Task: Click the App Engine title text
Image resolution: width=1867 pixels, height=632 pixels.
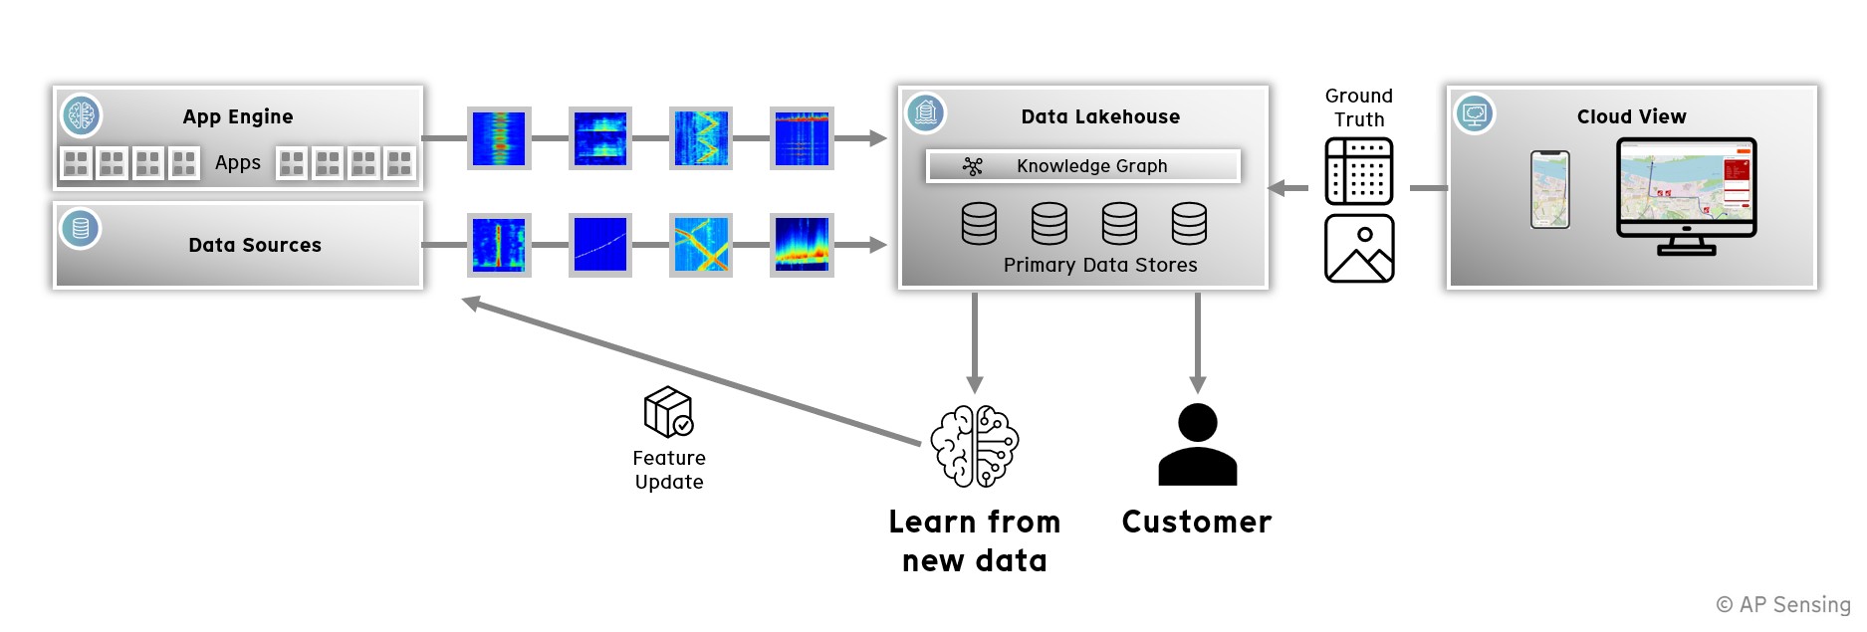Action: (237, 116)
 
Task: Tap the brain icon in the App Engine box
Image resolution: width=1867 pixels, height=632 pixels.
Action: (81, 115)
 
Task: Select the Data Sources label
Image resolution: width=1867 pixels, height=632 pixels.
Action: (255, 245)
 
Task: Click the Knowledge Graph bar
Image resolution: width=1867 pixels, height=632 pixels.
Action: (1082, 166)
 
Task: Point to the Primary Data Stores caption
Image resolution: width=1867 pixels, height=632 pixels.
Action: (1099, 265)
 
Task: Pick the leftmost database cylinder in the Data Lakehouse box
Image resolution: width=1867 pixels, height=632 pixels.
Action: (979, 224)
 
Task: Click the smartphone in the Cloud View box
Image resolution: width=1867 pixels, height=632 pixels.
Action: (1549, 189)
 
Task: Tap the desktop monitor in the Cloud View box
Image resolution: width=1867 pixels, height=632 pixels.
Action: (1686, 194)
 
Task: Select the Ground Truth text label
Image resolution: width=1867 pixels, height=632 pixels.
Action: (1358, 107)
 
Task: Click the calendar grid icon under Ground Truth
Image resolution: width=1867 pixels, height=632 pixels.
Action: (1358, 171)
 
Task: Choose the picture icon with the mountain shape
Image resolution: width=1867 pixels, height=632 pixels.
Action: (1358, 249)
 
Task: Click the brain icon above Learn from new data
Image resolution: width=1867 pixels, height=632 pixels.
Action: (974, 446)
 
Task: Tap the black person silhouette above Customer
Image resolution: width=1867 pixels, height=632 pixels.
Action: (1197, 445)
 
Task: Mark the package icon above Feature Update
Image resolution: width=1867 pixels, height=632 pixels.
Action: (668, 412)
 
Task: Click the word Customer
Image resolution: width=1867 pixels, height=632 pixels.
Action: (1196, 522)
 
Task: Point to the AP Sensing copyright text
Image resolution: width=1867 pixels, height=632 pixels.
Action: (1782, 604)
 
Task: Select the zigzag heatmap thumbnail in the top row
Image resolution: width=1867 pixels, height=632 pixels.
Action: (701, 138)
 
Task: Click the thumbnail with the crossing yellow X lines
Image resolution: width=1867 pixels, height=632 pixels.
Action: (701, 245)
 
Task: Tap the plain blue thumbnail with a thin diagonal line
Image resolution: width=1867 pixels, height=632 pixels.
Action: (600, 245)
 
